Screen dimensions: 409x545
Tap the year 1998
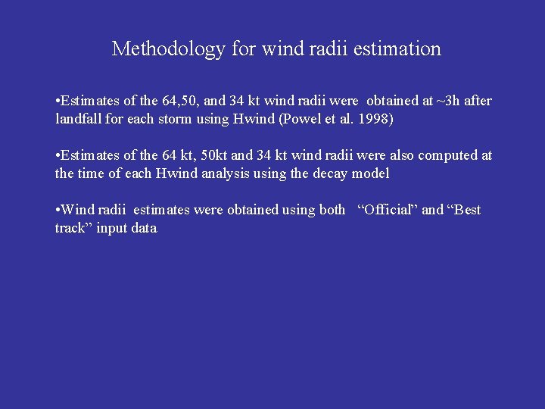pyautogui.click(x=376, y=119)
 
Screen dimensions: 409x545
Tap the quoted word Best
pyautogui.click(x=464, y=210)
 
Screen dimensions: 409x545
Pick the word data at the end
pyautogui.click(x=143, y=228)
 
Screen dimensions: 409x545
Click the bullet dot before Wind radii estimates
pyautogui.click(x=58, y=210)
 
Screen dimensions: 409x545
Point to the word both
pyautogui.click(x=332, y=210)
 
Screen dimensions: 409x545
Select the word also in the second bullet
pyautogui.click(x=405, y=155)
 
